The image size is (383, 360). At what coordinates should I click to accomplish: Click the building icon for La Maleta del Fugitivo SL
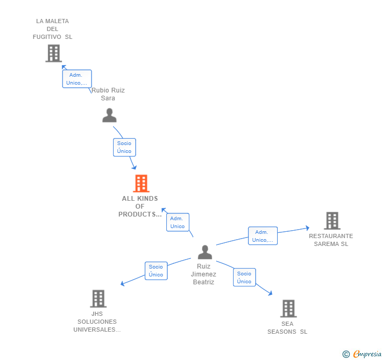pos(53,53)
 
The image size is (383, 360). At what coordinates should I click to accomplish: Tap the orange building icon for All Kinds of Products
pos(140,183)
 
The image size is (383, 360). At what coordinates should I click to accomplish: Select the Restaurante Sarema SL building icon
pos(331,221)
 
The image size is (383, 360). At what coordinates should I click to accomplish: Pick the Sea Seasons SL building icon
pos(288,308)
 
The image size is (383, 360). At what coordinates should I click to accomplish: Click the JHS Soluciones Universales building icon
pos(98,299)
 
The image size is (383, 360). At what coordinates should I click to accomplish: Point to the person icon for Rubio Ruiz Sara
pos(109,115)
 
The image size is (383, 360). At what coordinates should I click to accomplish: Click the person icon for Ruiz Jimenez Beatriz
pos(205,252)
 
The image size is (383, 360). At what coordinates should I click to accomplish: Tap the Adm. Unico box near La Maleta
pos(77,79)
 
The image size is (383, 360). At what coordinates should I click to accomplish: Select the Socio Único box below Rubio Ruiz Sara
pos(124,147)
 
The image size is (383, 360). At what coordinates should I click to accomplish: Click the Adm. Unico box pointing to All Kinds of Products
pos(177,222)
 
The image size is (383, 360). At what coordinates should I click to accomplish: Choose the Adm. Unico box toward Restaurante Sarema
pos(263,236)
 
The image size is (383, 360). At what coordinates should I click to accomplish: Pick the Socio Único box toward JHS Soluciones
pos(156,271)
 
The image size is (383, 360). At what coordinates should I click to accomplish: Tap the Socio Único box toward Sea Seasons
pos(244,277)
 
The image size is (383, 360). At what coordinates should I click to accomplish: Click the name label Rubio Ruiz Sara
pos(108,94)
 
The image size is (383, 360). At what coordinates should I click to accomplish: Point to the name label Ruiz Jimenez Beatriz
pos(203,274)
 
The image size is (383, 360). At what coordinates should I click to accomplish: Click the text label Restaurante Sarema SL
pos(331,240)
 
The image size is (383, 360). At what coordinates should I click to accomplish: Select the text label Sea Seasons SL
pos(287,328)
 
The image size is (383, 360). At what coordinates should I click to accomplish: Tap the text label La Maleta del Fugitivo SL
pos(53,29)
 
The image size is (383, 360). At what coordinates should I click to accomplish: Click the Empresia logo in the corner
pos(362,354)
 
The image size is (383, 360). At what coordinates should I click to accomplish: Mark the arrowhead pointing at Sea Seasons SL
pos(270,293)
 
